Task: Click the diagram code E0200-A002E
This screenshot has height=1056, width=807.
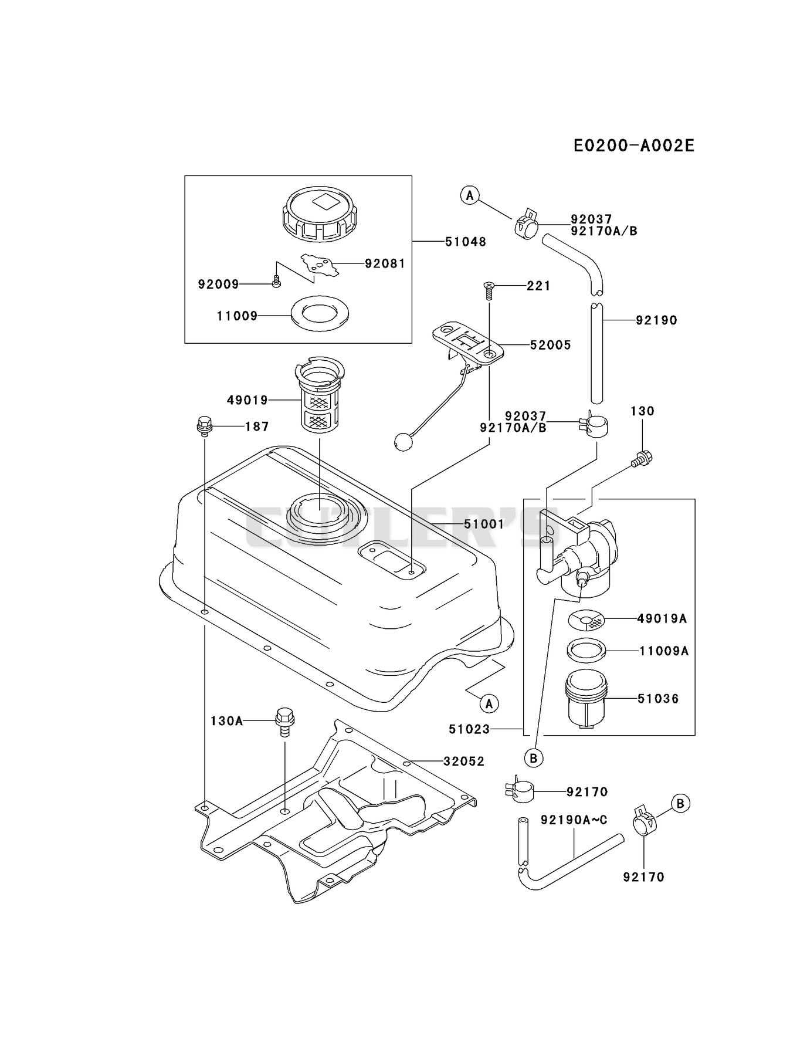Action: click(634, 145)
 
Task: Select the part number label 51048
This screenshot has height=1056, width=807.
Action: click(466, 242)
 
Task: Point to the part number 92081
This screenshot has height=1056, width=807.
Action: click(385, 263)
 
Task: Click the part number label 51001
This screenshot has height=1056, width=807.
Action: click(484, 524)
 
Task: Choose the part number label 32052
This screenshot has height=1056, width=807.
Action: click(464, 761)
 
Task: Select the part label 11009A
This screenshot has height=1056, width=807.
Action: click(664, 651)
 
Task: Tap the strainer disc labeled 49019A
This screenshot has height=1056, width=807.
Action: click(586, 619)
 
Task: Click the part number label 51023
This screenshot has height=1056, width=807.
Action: click(469, 729)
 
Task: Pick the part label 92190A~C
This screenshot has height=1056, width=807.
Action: click(574, 820)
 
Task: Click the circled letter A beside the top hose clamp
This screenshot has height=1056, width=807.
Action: click(469, 195)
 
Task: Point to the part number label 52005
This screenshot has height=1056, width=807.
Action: click(550, 345)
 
